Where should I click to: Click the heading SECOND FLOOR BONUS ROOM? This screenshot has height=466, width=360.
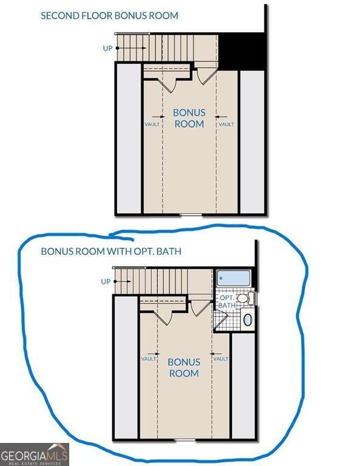coord(109,15)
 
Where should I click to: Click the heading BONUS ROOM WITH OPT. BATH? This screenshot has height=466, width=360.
coord(111,251)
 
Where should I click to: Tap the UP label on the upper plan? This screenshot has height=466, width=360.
coord(107,48)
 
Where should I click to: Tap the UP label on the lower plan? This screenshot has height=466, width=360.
coord(106,282)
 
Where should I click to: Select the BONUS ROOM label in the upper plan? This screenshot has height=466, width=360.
coord(189,118)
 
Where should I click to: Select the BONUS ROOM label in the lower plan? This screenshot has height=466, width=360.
coord(184,367)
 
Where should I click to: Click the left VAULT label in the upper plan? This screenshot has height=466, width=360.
coord(152,124)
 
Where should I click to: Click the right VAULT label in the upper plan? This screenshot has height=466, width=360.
coord(226,124)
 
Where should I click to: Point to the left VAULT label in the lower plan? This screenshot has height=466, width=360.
coord(148,359)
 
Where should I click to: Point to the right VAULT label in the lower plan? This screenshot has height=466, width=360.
coord(221,359)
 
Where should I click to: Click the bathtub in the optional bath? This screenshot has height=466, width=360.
coord(233,278)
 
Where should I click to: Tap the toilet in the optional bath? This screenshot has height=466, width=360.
coord(245,298)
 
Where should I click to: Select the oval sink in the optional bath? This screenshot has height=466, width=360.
coord(248,320)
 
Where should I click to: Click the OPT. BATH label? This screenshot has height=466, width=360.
coord(228,302)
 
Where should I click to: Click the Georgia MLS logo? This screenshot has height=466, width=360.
coord(35,454)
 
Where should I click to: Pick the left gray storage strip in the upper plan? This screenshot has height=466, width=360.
coord(129,138)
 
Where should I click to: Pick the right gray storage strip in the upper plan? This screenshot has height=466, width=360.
coord(252,142)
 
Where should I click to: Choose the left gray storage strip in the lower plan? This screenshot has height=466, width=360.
coord(126,367)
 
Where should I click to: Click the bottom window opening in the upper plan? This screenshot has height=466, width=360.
coord(191,214)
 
